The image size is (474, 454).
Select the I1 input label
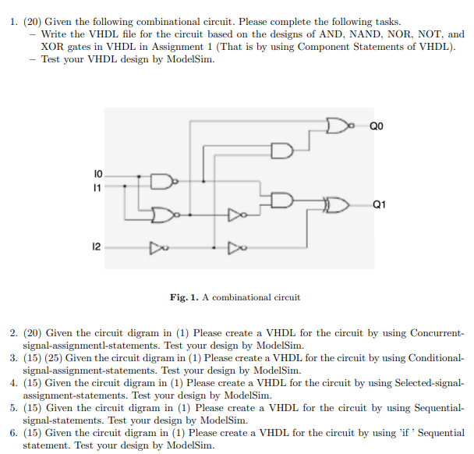[97, 187]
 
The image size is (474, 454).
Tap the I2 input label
[96, 247]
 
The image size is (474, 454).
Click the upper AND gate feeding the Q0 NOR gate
[281, 149]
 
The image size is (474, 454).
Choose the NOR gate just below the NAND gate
[162, 212]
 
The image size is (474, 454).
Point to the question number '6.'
[14, 433]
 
